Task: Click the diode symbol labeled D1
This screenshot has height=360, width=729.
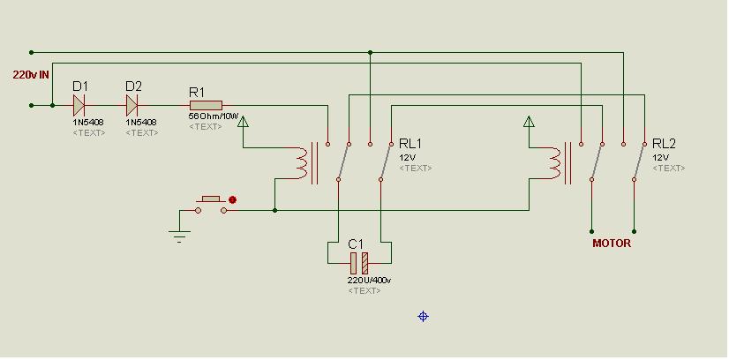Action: tap(79, 106)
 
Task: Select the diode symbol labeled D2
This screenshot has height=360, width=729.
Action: tap(132, 106)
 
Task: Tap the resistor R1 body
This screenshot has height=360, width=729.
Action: tap(206, 106)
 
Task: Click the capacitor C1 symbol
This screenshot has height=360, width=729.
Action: tap(359, 263)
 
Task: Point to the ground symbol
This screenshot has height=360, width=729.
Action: tap(179, 235)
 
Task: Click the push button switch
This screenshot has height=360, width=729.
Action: tap(211, 205)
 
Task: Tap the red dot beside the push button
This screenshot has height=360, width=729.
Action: tap(232, 199)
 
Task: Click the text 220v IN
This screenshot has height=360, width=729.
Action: tap(31, 75)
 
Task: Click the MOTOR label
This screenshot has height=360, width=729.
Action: tap(612, 243)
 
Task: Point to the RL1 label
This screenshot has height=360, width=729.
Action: tap(410, 144)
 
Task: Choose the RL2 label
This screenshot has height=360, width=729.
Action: tap(664, 144)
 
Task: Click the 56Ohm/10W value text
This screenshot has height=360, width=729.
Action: tap(213, 116)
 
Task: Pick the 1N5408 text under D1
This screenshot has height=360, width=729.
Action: tap(88, 123)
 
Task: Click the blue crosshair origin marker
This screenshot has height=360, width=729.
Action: tap(423, 317)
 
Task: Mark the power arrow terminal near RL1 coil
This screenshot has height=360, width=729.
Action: tap(243, 122)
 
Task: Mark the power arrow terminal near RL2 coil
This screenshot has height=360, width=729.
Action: tap(528, 122)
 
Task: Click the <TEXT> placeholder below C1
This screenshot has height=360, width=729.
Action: tap(364, 291)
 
